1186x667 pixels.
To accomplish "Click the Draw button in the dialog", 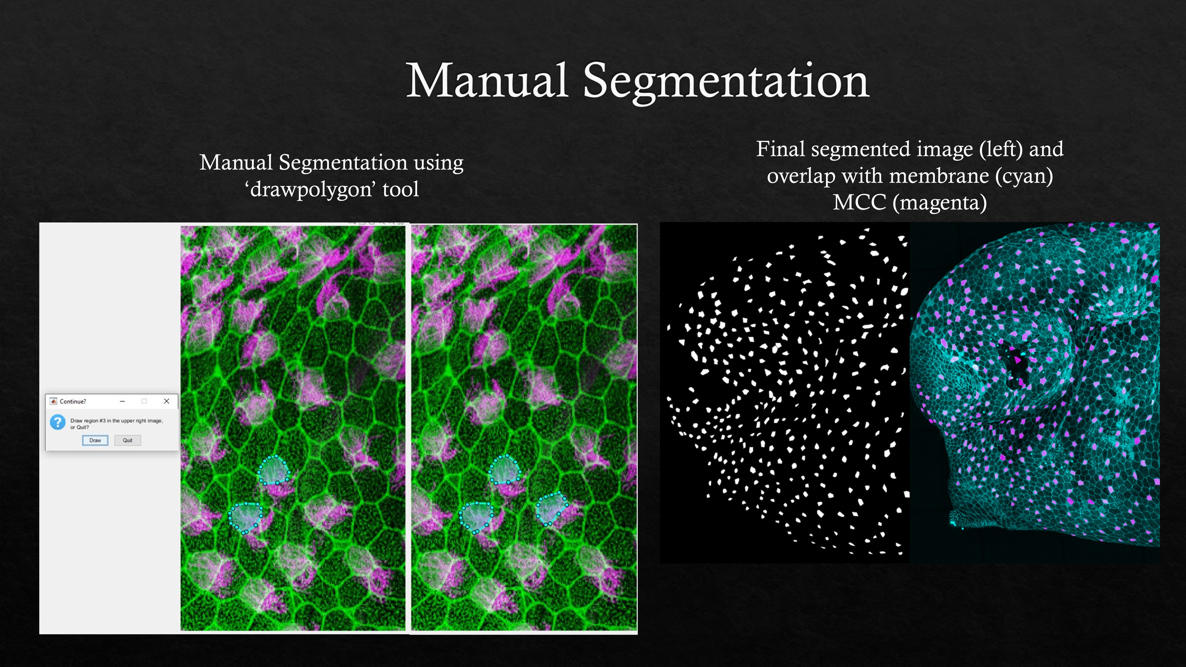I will coord(95,441).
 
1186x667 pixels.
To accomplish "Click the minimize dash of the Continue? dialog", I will coord(122,401).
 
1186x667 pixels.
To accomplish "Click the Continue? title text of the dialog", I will coord(73,401).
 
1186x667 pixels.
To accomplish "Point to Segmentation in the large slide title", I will coord(726,82).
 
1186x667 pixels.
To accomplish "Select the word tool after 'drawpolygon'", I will coord(401,189).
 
